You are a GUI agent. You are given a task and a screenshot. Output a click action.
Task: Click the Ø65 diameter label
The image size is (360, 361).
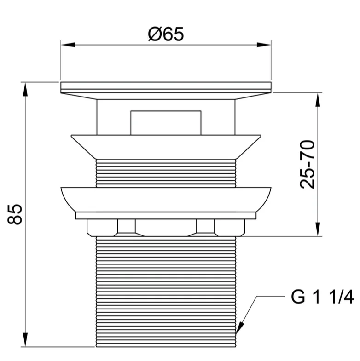(x=166, y=34)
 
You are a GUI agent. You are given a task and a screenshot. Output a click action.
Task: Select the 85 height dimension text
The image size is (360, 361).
(x=15, y=214)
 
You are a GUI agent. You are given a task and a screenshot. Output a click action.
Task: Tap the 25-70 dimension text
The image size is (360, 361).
(x=307, y=164)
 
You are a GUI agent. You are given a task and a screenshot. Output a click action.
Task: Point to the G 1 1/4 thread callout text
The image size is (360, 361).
(x=322, y=297)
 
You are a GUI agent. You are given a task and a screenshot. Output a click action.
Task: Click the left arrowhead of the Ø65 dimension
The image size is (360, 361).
(x=68, y=45)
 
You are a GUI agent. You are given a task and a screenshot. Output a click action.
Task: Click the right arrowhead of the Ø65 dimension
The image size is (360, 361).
(x=264, y=45)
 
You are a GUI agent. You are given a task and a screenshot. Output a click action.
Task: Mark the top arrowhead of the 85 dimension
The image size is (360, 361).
(x=25, y=89)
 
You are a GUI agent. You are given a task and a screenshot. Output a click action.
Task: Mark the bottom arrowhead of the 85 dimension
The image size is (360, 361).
(x=25, y=339)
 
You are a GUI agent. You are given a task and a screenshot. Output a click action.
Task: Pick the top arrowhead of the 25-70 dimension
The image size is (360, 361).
(x=318, y=100)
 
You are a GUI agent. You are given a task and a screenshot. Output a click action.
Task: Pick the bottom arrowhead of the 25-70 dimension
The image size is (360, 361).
(x=318, y=229)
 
